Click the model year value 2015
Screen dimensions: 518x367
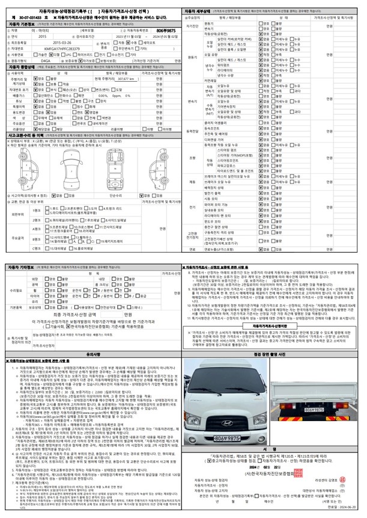pyautogui.click(x=41, y=36)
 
